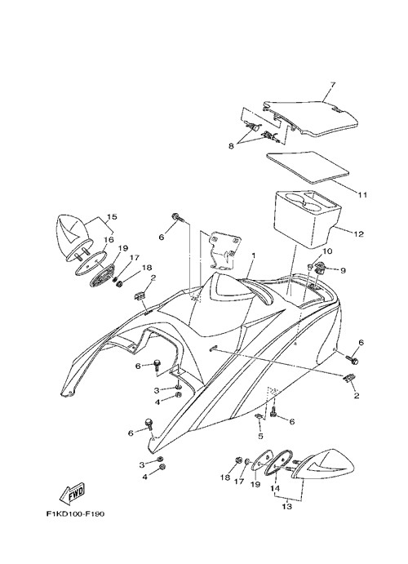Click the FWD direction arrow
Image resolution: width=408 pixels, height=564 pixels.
point(72,492)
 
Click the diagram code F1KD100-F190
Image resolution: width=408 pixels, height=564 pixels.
point(76,514)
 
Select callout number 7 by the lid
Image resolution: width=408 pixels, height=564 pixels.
point(332,85)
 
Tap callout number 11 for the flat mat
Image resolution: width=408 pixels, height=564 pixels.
point(362,195)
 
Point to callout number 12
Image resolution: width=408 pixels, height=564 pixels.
point(359,234)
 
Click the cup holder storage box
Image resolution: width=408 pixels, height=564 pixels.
point(308,219)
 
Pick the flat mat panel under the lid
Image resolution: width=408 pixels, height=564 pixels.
point(308,167)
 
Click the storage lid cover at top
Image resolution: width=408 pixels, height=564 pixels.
point(311,118)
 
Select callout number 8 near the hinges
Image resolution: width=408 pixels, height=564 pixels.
point(231,146)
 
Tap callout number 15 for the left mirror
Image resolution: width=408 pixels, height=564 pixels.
point(112,217)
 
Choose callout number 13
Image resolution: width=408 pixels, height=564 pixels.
point(287,507)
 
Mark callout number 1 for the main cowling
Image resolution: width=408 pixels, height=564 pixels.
point(253,255)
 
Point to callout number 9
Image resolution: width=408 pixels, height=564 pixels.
point(343,270)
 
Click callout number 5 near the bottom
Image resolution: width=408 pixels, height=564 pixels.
point(260,436)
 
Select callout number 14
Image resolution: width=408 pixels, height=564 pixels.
point(275,489)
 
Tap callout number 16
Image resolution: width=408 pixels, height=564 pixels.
point(109,240)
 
